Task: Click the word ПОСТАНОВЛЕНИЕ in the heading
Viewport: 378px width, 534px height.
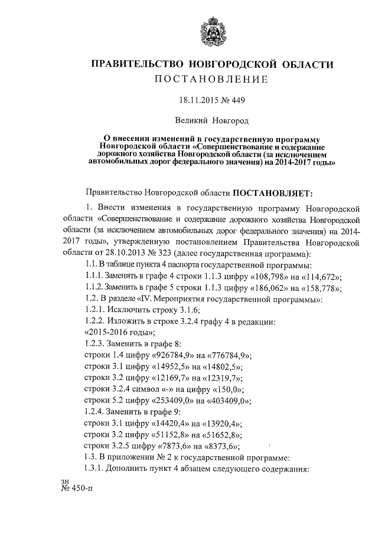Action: click(211, 79)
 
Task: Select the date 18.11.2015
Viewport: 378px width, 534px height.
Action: click(198, 101)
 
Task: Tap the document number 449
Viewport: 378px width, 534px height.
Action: click(236, 101)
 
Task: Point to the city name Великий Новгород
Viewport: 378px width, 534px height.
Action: click(211, 122)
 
